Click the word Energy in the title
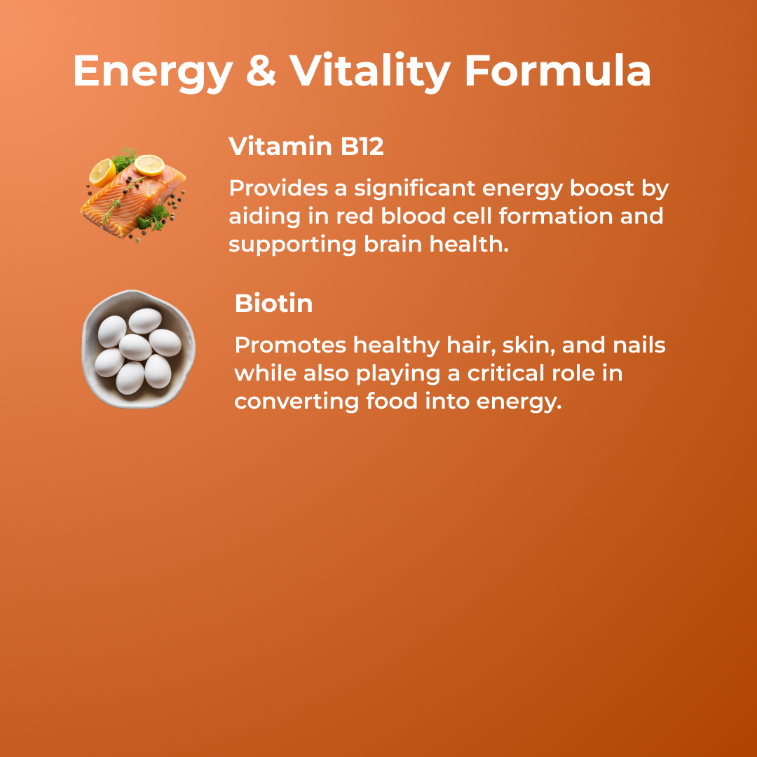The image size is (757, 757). point(152,71)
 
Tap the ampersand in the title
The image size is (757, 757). point(260,71)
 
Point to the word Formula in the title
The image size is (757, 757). point(557,71)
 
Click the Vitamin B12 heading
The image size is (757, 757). point(306,146)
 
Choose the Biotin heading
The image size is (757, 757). point(273,304)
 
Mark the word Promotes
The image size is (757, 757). point(289,345)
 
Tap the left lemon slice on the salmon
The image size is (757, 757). point(102,172)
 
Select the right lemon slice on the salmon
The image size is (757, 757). point(149,165)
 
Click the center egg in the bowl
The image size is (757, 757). point(135,347)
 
